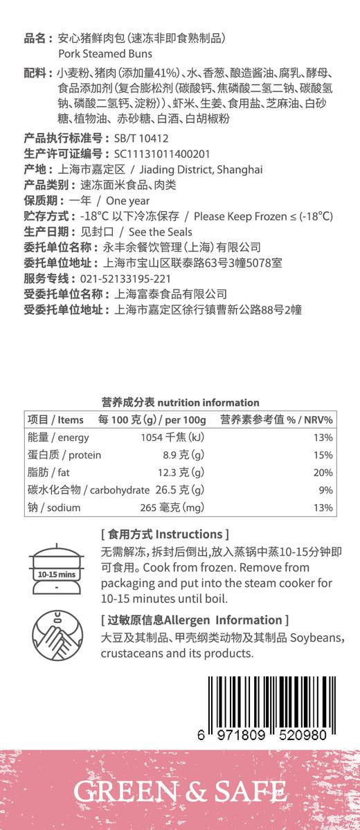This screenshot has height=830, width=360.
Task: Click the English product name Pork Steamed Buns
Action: pyautogui.click(x=105, y=53)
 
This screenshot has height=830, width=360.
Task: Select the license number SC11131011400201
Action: pyautogui.click(x=161, y=154)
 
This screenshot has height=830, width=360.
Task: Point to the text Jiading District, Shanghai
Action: pyautogui.click(x=201, y=170)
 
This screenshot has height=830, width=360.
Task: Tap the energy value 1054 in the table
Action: pyautogui.click(x=151, y=437)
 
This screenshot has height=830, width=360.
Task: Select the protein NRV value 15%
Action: pyautogui.click(x=323, y=455)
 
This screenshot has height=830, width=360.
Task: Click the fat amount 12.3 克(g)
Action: pyautogui.click(x=181, y=473)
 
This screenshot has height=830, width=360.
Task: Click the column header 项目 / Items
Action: pyautogui.click(x=55, y=419)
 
